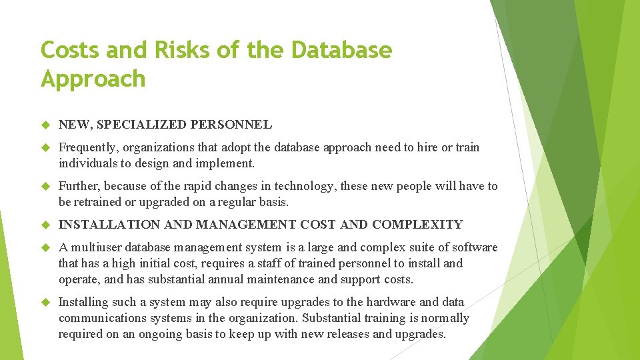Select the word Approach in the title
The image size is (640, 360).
click(93, 79)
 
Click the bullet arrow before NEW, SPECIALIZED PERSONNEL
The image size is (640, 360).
click(46, 125)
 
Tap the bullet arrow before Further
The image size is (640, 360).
click(46, 187)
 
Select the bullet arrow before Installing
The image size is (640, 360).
click(46, 303)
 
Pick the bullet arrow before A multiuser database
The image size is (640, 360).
click(46, 248)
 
